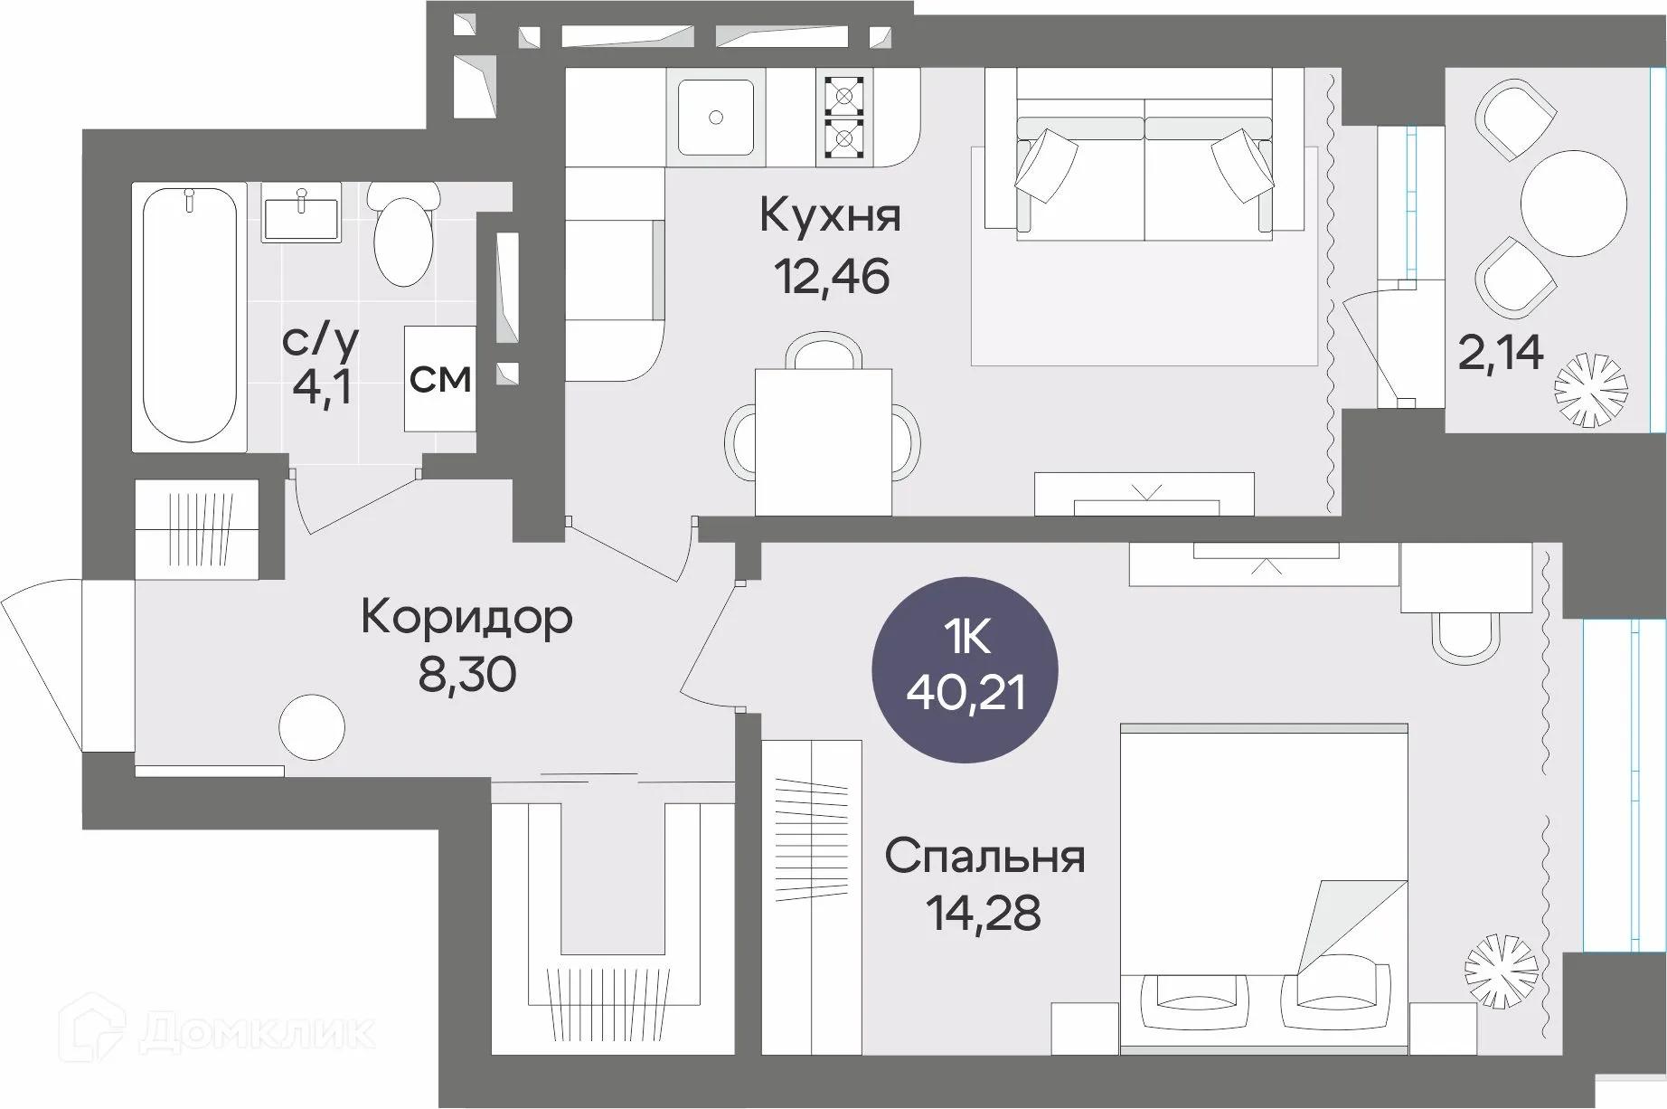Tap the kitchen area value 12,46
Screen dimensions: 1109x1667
click(x=832, y=276)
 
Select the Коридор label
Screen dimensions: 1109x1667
click(x=466, y=619)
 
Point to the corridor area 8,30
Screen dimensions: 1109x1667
click(x=466, y=674)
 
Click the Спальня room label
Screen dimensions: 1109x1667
click(x=984, y=857)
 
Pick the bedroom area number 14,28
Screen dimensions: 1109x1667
click(x=983, y=914)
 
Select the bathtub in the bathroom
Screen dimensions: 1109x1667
click(x=190, y=317)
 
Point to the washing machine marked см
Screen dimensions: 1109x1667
click(x=439, y=378)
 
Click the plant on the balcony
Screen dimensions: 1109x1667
click(x=1590, y=389)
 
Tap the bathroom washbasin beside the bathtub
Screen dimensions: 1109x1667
click(x=301, y=213)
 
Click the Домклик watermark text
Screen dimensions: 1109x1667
click(x=258, y=1032)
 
